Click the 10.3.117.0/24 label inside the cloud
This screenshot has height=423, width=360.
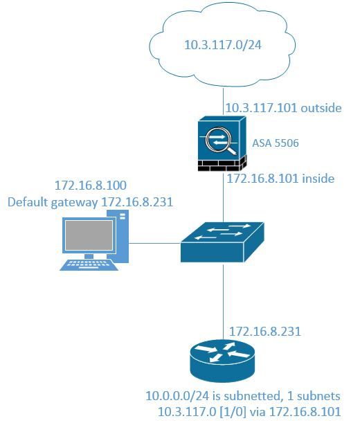pyautogui.click(x=223, y=45)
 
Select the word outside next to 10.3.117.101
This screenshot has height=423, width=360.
pyautogui.click(x=321, y=108)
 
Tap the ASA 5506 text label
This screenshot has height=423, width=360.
pyautogui.click(x=276, y=143)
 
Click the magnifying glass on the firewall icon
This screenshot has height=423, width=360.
pyautogui.click(x=221, y=142)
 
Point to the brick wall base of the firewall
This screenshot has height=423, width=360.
pyautogui.click(x=222, y=164)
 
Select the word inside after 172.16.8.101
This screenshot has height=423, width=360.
pyautogui.click(x=318, y=179)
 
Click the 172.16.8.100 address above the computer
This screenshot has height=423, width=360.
pyautogui.click(x=91, y=186)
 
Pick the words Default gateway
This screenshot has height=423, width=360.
pyautogui.click(x=53, y=202)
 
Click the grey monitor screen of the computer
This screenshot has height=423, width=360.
pyautogui.click(x=89, y=235)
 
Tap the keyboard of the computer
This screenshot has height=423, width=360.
pyautogui.click(x=89, y=265)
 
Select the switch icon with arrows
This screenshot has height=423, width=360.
pyautogui.click(x=222, y=242)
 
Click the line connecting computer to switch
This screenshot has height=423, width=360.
pyautogui.click(x=154, y=243)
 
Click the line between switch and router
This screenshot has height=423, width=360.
pyautogui.click(x=223, y=301)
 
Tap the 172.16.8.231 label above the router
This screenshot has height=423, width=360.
pyautogui.click(x=264, y=332)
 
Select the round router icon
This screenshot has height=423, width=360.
pyautogui.click(x=222, y=361)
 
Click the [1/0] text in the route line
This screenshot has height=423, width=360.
pyautogui.click(x=233, y=412)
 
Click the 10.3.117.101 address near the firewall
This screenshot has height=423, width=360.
pyautogui.click(x=262, y=108)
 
